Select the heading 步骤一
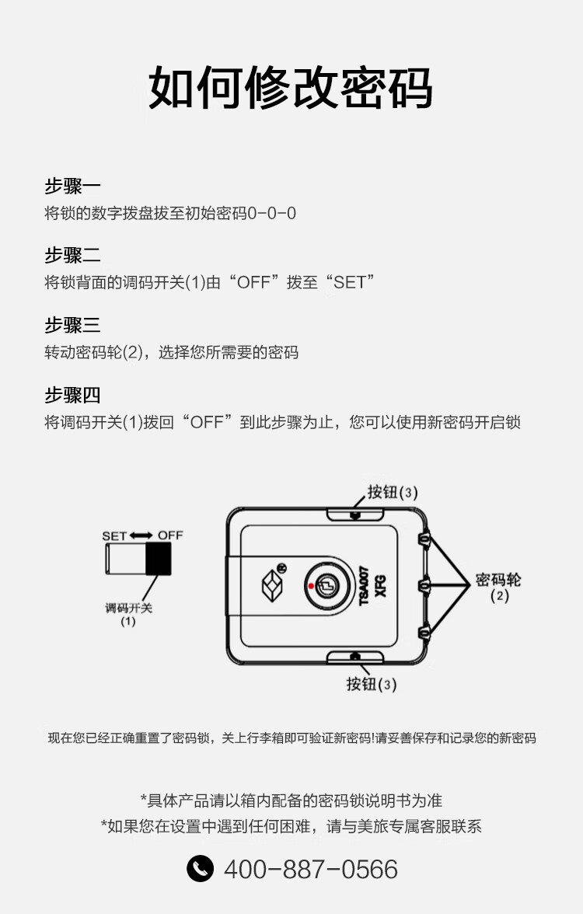click(x=73, y=186)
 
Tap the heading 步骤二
click(x=73, y=255)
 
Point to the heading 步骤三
click(x=73, y=325)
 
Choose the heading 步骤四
click(x=73, y=395)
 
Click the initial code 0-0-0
click(x=272, y=213)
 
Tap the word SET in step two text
click(x=349, y=283)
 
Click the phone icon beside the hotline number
click(x=200, y=869)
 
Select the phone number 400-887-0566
click(x=311, y=869)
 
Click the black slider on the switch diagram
click(x=158, y=558)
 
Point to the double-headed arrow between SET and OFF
click(x=141, y=535)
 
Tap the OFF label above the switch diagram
click(x=170, y=535)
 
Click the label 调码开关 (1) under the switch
click(x=128, y=614)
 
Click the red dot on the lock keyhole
click(x=311, y=586)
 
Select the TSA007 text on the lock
click(x=364, y=585)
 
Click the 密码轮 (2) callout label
click(x=498, y=587)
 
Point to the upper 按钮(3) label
click(x=393, y=493)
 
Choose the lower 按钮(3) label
click(x=372, y=684)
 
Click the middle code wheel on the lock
click(x=424, y=584)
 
